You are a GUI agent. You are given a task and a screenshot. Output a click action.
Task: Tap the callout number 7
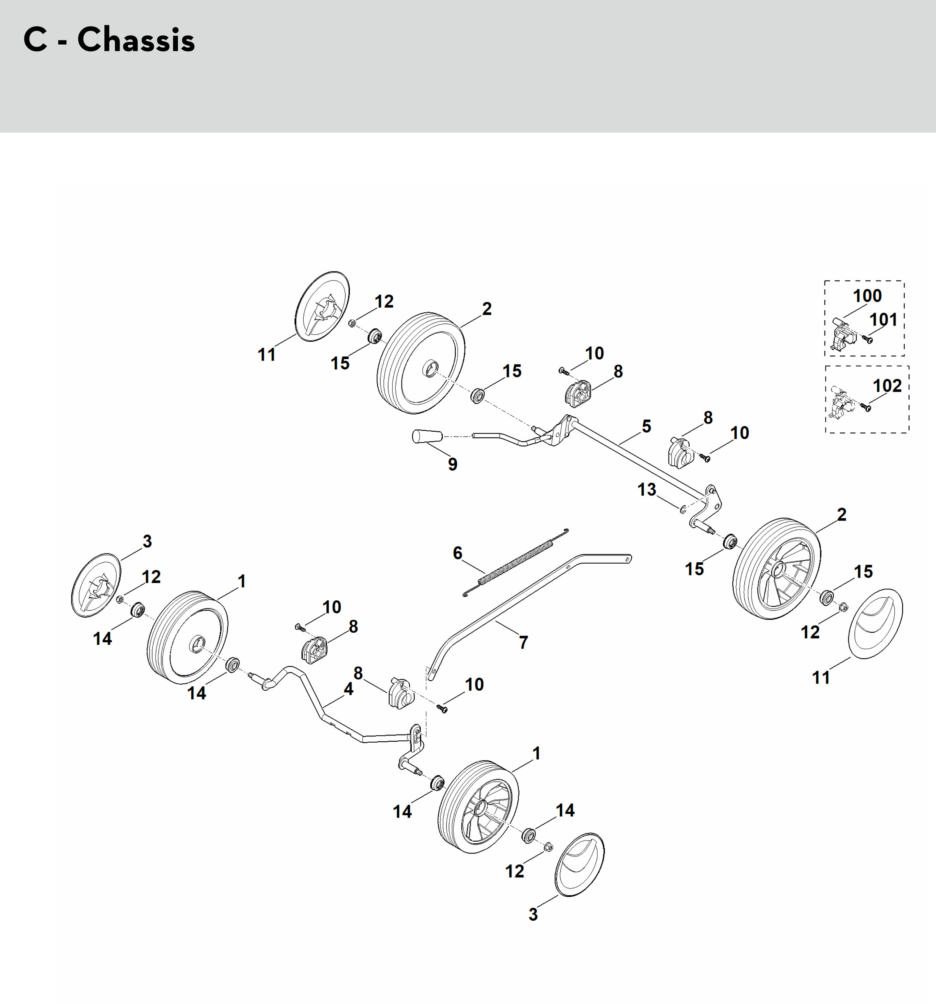pyautogui.click(x=523, y=642)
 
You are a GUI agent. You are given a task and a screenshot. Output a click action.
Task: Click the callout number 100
pyautogui.click(x=867, y=295)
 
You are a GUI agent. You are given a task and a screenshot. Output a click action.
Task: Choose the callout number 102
pyautogui.click(x=887, y=386)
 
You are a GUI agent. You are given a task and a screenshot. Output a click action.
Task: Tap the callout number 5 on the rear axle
pyautogui.click(x=647, y=426)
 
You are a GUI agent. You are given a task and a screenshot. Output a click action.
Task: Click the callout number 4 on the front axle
pyautogui.click(x=348, y=689)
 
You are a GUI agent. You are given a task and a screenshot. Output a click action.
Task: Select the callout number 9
pyautogui.click(x=453, y=464)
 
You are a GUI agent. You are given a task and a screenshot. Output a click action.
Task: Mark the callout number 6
pyautogui.click(x=457, y=553)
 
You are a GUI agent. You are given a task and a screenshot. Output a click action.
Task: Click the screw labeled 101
pyautogui.click(x=868, y=340)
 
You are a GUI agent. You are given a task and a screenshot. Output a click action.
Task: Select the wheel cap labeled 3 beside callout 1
pyautogui.click(x=96, y=586)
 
